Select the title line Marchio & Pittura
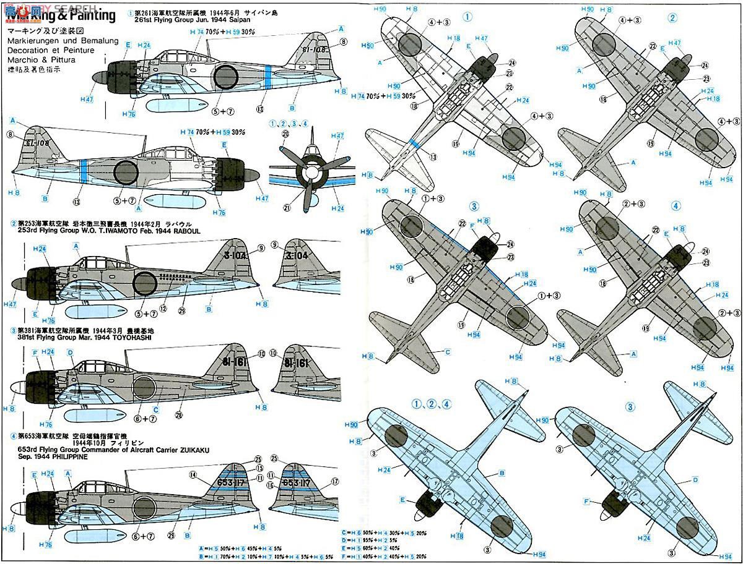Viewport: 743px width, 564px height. tap(41, 60)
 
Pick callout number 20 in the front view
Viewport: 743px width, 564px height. tap(285, 134)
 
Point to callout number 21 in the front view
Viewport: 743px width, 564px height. tap(285, 207)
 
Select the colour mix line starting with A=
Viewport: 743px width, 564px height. tap(245, 549)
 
